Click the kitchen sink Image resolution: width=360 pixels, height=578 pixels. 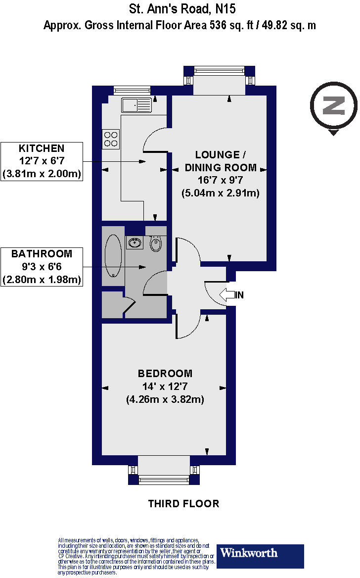click(x=137, y=105)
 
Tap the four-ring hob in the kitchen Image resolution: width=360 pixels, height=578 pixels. click(x=110, y=139)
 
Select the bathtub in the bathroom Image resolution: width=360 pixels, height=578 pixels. click(x=113, y=256)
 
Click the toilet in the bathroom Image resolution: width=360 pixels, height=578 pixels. click(x=156, y=243)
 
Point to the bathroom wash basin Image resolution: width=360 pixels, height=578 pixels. click(x=134, y=242)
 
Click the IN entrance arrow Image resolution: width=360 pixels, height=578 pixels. click(x=228, y=295)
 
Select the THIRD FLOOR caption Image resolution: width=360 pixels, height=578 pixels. click(x=183, y=504)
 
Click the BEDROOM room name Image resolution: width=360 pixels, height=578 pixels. click(x=165, y=374)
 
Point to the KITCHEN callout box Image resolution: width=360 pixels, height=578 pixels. click(x=42, y=161)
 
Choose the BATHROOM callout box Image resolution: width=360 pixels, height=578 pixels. click(x=42, y=267)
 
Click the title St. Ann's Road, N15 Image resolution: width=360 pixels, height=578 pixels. click(x=182, y=8)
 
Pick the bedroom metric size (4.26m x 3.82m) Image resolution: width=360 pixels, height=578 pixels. click(x=165, y=399)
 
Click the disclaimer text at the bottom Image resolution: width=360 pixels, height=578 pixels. click(x=136, y=556)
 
